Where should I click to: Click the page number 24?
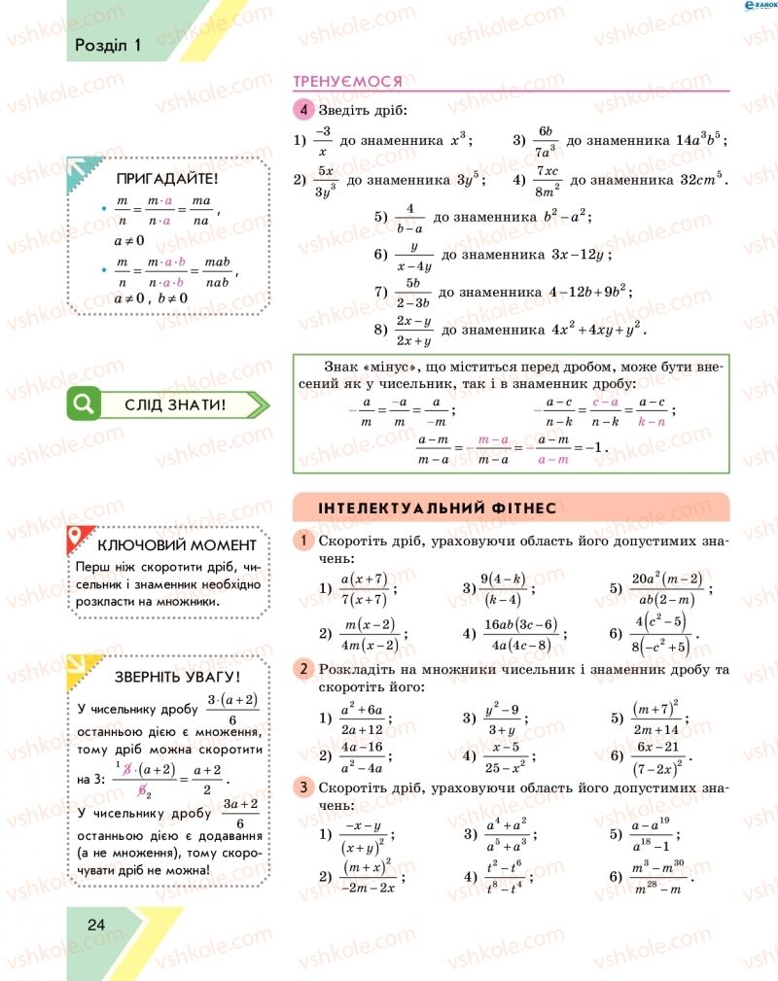[95, 924]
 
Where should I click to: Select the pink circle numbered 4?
[305, 110]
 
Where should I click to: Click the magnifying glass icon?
[84, 403]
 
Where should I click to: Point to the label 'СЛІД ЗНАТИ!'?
[175, 404]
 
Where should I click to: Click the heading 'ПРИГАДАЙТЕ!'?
[167, 179]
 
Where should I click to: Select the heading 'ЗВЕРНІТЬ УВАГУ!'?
[177, 676]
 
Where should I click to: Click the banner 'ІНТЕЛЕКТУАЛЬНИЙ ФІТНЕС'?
[438, 508]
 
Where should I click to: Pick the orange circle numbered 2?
[304, 669]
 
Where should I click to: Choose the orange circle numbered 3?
[304, 787]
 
